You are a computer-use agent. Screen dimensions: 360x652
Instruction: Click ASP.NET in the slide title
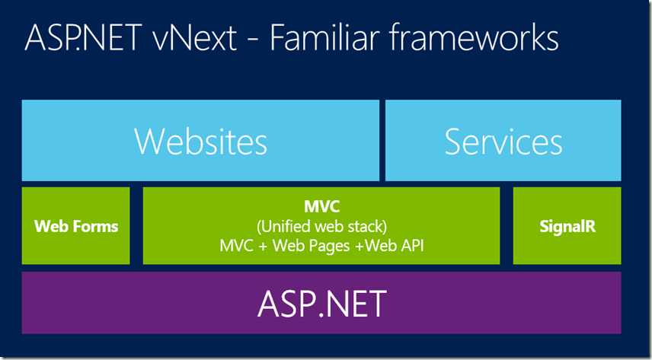(x=79, y=38)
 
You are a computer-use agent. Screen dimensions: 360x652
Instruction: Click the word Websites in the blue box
(x=200, y=142)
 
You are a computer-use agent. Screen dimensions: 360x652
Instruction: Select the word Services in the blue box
(x=503, y=142)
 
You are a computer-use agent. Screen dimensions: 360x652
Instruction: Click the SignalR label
(x=567, y=226)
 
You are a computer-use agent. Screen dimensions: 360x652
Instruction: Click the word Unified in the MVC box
(x=285, y=226)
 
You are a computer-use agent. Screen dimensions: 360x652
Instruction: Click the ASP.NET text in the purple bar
(x=321, y=304)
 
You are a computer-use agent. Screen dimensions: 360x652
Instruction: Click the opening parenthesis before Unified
(x=259, y=226)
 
